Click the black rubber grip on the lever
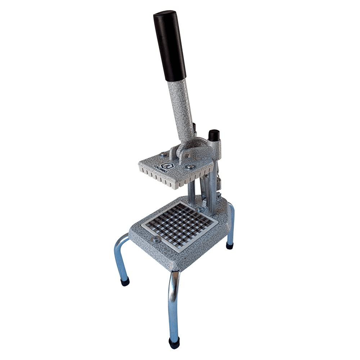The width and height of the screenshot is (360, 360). point(170,46)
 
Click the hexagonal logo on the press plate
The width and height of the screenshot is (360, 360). point(167,165)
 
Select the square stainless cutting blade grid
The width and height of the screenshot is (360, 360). point(180,226)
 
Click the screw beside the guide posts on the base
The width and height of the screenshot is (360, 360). point(201,210)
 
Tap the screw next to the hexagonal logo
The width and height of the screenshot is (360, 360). point(190,167)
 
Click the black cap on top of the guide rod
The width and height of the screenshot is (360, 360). point(214,135)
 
